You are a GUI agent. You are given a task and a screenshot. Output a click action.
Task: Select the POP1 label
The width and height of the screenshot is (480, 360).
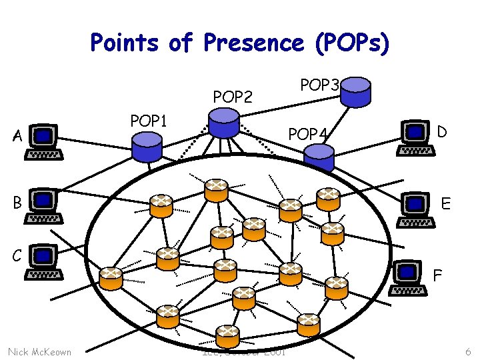point(149,121)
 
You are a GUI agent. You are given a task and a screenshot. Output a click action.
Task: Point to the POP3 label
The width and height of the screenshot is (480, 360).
point(321,85)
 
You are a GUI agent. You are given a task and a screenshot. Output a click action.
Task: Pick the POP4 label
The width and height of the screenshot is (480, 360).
point(308,135)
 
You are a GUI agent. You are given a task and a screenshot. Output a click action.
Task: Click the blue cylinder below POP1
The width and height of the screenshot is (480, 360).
point(147,147)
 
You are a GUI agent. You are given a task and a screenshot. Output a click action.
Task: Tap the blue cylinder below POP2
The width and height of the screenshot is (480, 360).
point(223,123)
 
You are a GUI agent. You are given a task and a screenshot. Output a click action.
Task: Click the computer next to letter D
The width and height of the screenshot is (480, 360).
point(416,137)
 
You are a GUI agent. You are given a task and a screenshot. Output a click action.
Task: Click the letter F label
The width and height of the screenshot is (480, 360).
point(437,274)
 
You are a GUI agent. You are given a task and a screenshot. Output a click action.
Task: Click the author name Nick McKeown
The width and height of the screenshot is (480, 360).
point(39,351)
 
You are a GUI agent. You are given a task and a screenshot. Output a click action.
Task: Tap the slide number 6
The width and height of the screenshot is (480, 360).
point(468,351)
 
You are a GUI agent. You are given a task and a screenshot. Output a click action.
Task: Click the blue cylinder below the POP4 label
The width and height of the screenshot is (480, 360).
point(319,157)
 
